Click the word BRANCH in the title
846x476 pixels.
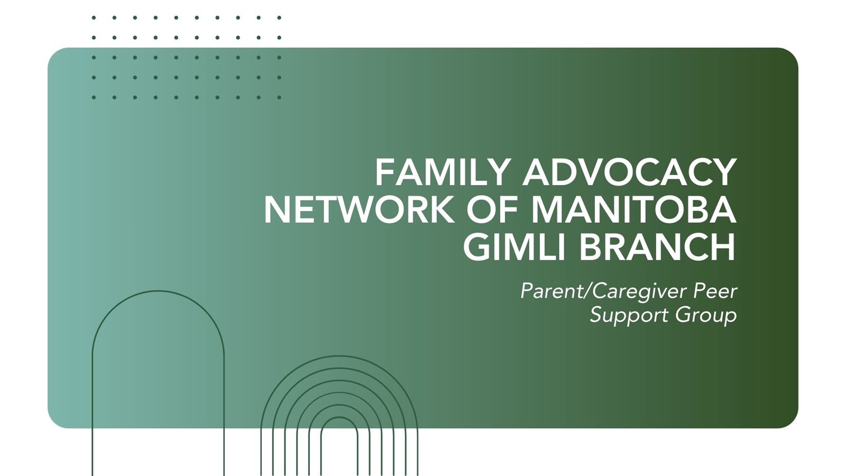pyautogui.click(x=657, y=247)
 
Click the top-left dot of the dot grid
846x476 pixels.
pyautogui.click(x=94, y=17)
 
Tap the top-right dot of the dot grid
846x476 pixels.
pyautogui.click(x=279, y=17)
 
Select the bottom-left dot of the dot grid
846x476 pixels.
pyautogui.click(x=94, y=97)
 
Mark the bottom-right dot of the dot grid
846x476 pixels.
pyautogui.click(x=279, y=97)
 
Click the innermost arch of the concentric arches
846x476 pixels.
pyautogui.click(x=339, y=417)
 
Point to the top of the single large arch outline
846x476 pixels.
pyautogui.click(x=158, y=291)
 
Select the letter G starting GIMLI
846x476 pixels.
pyautogui.click(x=477, y=247)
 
